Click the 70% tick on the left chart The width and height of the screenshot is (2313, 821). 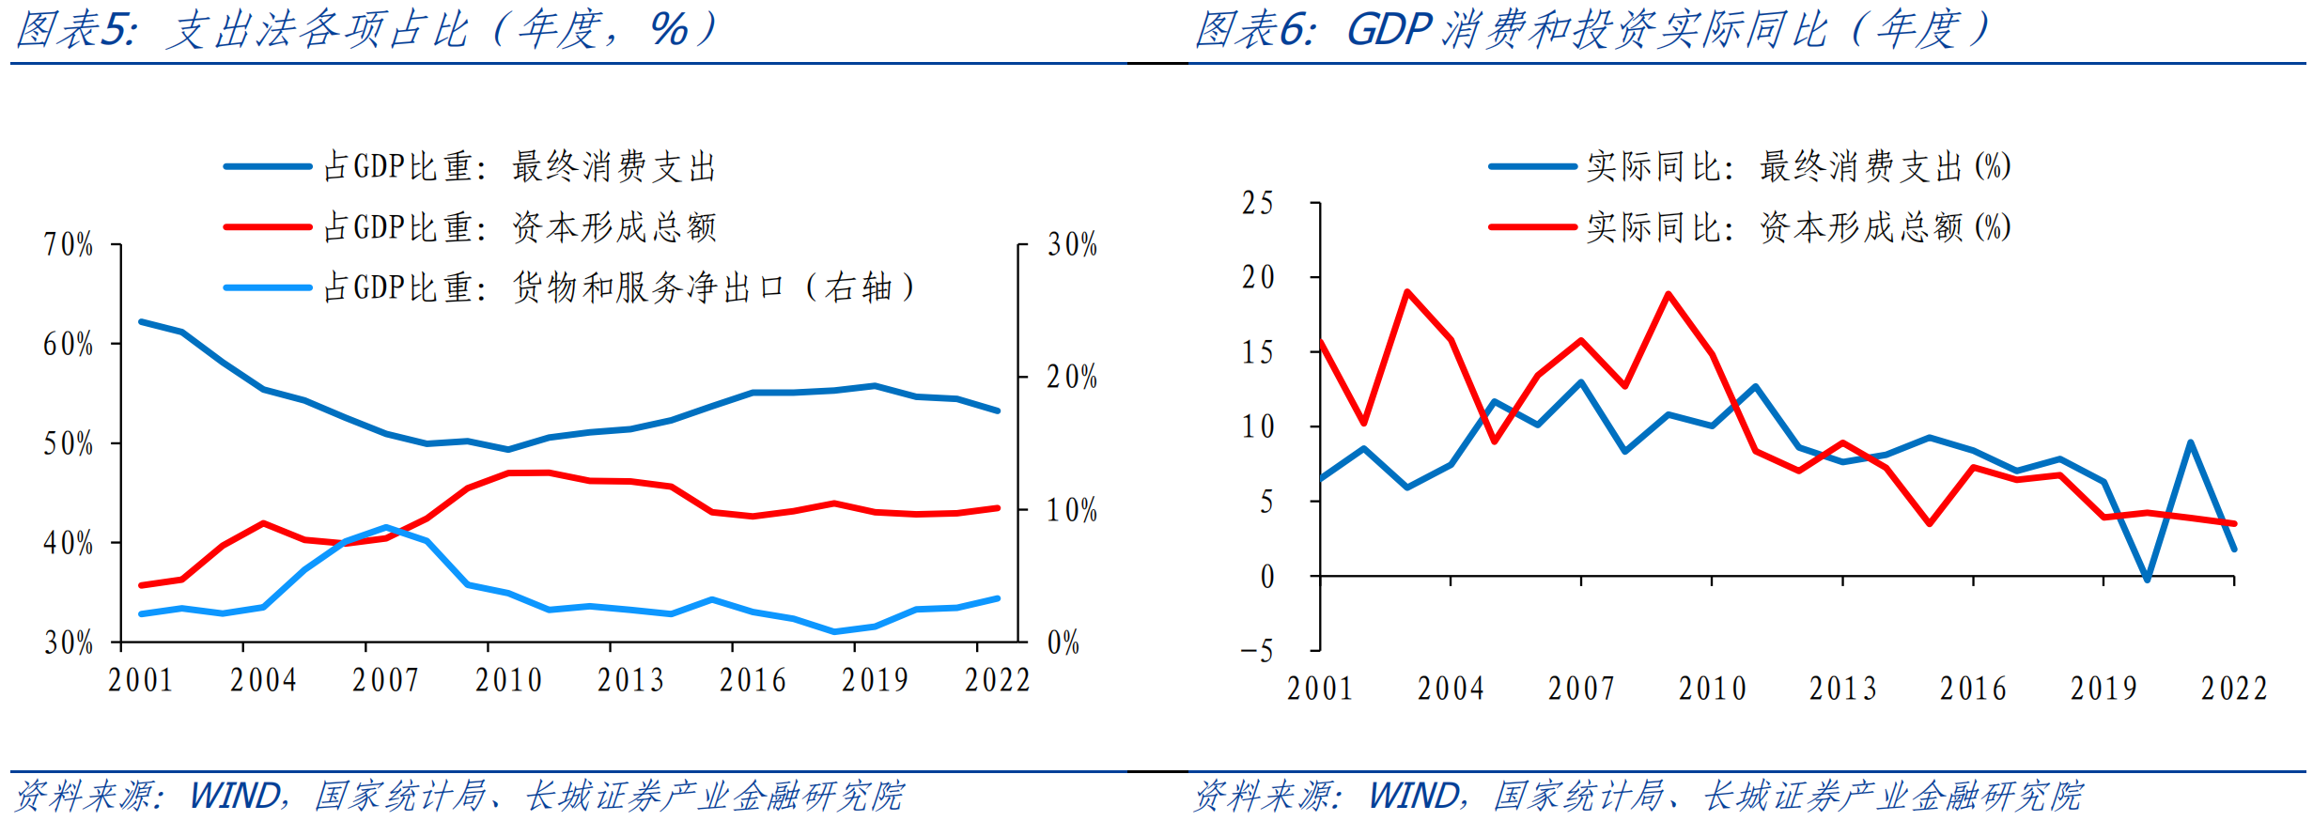pos(69,245)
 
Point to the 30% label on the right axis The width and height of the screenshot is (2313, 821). pos(1072,245)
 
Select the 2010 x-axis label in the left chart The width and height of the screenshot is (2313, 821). pos(508,680)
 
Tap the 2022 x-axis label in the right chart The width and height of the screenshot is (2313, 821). pos(2234,689)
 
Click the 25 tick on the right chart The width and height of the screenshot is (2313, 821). pos(1258,203)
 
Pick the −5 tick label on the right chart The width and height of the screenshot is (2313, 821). pos(1257,651)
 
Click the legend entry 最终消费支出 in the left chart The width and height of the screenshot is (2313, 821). pos(520,167)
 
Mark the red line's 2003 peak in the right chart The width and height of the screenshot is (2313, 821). pos(1407,292)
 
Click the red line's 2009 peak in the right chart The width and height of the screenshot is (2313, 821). pos(1669,294)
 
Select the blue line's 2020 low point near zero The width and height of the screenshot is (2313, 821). pos(2147,579)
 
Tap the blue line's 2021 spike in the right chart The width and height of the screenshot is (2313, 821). pos(2191,442)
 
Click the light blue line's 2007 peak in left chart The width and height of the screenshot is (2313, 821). pos(387,527)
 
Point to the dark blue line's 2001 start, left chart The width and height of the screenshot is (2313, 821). pos(142,322)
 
